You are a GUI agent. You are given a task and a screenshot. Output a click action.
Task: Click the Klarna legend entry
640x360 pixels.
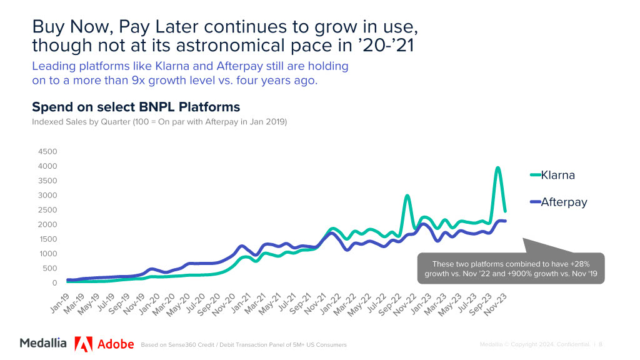557,175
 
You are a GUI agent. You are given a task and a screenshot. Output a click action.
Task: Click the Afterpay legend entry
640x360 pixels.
563,202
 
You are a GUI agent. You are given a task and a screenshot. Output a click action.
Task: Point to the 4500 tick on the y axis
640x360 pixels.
48,152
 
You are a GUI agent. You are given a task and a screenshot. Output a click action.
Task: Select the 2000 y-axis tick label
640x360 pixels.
48,225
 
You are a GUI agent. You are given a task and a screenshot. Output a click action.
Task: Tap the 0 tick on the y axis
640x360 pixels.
54,283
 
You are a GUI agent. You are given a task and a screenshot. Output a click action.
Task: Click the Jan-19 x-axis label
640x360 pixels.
59,304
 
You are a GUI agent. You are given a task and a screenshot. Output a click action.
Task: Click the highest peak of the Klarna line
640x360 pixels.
497,167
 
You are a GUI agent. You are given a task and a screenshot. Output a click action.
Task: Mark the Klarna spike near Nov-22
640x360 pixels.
407,196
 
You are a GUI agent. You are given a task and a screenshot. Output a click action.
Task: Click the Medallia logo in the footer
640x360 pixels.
43,343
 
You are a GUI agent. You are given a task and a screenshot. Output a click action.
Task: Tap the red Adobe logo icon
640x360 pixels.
84,344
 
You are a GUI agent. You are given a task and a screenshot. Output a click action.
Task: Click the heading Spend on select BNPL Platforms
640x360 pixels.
136,107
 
